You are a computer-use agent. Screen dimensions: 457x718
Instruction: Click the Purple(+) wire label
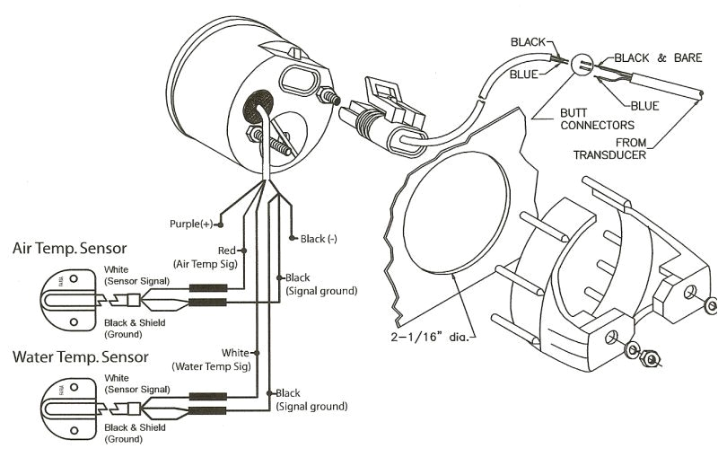click(x=192, y=223)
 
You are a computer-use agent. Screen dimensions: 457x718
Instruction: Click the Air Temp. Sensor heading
click(x=70, y=248)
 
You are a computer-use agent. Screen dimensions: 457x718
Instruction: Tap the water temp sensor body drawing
click(x=68, y=399)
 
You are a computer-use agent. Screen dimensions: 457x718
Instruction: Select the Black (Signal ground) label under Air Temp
click(x=321, y=284)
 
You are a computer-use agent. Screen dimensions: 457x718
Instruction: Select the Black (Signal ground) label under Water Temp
click(x=311, y=400)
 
